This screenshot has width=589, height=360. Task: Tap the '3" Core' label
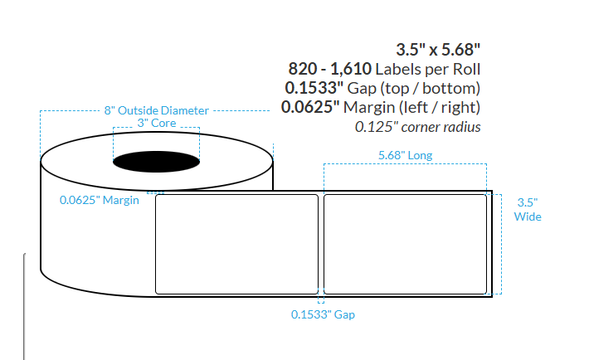[156, 124]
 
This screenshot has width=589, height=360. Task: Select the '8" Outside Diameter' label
[156, 110]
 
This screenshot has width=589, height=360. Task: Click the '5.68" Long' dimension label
[405, 155]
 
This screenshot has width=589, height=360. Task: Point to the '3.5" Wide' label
[528, 209]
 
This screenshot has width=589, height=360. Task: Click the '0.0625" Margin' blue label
[99, 200]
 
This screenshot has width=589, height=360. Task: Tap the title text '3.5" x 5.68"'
[439, 49]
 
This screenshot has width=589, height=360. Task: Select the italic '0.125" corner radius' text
[418, 127]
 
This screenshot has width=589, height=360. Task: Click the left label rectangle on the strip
[237, 244]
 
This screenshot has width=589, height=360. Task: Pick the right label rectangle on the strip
[405, 244]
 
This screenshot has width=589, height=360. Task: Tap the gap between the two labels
[321, 244]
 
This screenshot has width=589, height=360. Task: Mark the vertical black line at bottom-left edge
[23, 307]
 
